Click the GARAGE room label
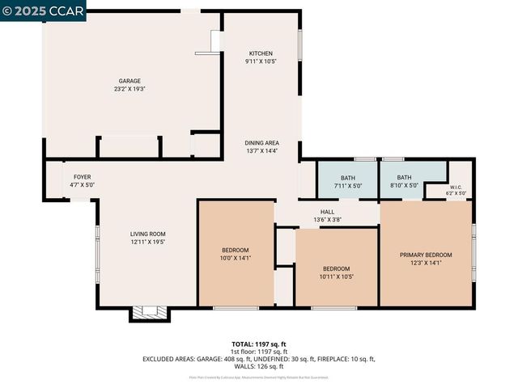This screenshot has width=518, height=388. (130, 81)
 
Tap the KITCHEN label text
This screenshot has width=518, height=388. (261, 53)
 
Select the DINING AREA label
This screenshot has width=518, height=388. (261, 143)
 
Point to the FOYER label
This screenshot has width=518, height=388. (83, 177)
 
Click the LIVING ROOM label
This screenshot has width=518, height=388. (148, 234)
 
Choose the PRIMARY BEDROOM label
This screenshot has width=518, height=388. (426, 255)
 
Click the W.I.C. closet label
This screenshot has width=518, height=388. (456, 187)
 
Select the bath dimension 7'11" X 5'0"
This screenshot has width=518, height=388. (347, 186)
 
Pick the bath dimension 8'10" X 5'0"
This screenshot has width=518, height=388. (404, 186)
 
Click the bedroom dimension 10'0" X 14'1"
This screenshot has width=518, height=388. (236, 259)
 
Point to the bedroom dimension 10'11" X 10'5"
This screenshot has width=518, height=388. (337, 276)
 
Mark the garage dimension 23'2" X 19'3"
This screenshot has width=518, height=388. (130, 89)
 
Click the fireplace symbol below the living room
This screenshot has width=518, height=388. (148, 313)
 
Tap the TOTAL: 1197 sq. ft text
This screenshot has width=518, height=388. (258, 344)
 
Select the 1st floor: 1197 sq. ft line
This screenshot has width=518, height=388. (258, 351)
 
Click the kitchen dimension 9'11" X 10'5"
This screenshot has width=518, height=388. (261, 61)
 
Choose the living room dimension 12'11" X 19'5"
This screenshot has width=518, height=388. (148, 242)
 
